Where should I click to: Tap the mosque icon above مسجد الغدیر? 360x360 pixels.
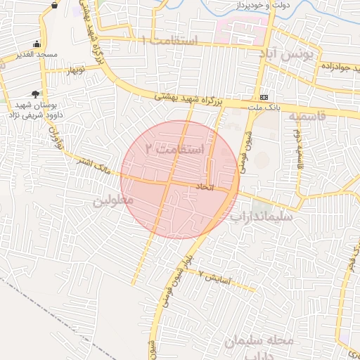pyautogui.click(x=37, y=44)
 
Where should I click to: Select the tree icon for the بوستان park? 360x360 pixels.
pyautogui.click(x=35, y=94)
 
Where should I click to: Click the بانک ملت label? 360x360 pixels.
pyautogui.click(x=265, y=107)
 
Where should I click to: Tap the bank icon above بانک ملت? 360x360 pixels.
pyautogui.click(x=264, y=96)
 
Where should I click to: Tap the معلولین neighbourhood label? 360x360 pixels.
pyautogui.click(x=112, y=201)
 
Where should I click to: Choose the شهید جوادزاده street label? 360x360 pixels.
pyautogui.click(x=330, y=65)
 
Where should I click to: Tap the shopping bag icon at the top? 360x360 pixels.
pyautogui.click(x=55, y=4)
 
